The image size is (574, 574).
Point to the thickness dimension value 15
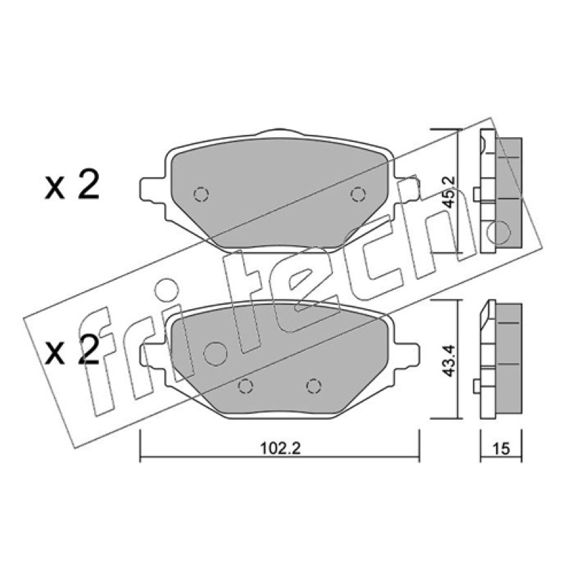tap(501, 448)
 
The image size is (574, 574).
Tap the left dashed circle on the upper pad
tap(201, 194)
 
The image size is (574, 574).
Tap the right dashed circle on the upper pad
tap(357, 194)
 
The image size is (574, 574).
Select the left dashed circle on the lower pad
tap(245, 385)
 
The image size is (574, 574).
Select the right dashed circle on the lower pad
tap(314, 385)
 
